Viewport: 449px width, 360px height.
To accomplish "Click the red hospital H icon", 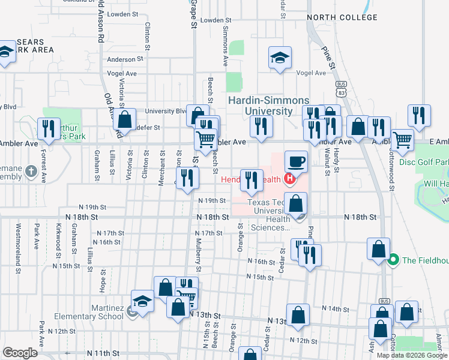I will pos(291,178).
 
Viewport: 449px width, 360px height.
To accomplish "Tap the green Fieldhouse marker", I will pos(393,260).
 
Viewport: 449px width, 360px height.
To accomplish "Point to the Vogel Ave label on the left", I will pos(122,73).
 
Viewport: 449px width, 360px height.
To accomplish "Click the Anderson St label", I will pos(125,59).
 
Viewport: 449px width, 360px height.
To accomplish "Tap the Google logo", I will pos(20,353).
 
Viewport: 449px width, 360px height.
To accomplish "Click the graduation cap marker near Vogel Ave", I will pos(280,58).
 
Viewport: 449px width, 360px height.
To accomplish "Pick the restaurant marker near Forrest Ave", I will pos(47,128).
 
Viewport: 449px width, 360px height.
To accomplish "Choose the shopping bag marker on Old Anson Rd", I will pos(125,120).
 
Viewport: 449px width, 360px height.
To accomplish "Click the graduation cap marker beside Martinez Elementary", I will pos(143,301).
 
